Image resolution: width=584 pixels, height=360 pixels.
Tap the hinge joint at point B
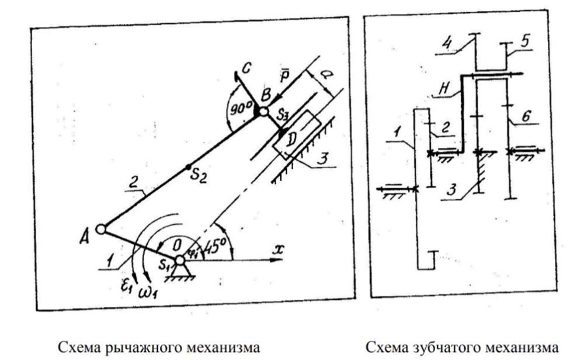[263, 111]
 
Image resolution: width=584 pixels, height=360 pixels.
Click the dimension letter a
[318, 75]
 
